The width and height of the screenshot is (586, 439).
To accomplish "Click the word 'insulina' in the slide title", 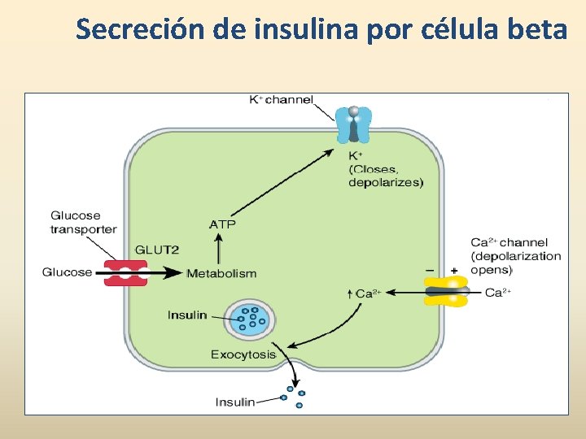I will point(298,29).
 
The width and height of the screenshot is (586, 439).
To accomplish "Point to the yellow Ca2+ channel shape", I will point(446,290).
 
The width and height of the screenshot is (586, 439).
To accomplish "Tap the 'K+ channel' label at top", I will point(281,100).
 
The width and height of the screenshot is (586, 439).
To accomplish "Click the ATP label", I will point(222,224).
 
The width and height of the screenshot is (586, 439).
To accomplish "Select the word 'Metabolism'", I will point(221,273).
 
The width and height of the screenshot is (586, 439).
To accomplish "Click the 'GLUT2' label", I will point(156,250).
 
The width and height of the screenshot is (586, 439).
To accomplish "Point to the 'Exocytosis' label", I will point(243,354).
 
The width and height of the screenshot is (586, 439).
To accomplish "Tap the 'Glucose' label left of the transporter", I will point(67,272).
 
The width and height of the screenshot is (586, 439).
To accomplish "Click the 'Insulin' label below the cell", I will point(235,402).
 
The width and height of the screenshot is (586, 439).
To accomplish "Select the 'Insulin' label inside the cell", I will point(187,315).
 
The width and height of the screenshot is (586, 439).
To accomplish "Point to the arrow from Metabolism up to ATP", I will point(217,249).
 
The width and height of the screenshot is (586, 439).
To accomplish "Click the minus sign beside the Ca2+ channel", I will point(429,270).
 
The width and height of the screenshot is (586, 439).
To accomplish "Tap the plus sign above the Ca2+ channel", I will point(453,270).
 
